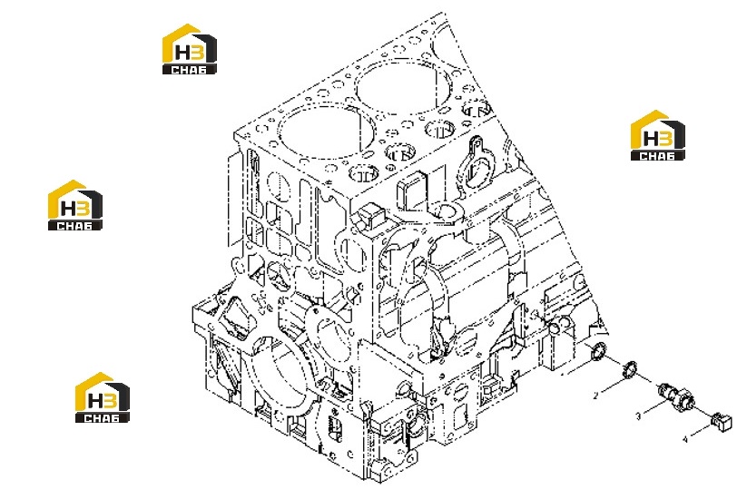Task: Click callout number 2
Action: click(x=595, y=396)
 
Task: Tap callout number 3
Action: click(x=638, y=416)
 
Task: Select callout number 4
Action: click(x=685, y=439)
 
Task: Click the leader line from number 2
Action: click(x=612, y=386)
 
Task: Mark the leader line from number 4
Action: click(x=701, y=430)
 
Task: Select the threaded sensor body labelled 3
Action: click(x=674, y=396)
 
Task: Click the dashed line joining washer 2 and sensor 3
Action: click(x=647, y=378)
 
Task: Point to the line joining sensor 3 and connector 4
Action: click(x=703, y=410)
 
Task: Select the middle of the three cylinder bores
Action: click(x=398, y=88)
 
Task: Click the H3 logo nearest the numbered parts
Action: click(x=657, y=136)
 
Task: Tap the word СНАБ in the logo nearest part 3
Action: click(x=657, y=155)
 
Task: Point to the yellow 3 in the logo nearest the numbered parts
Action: click(x=665, y=139)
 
